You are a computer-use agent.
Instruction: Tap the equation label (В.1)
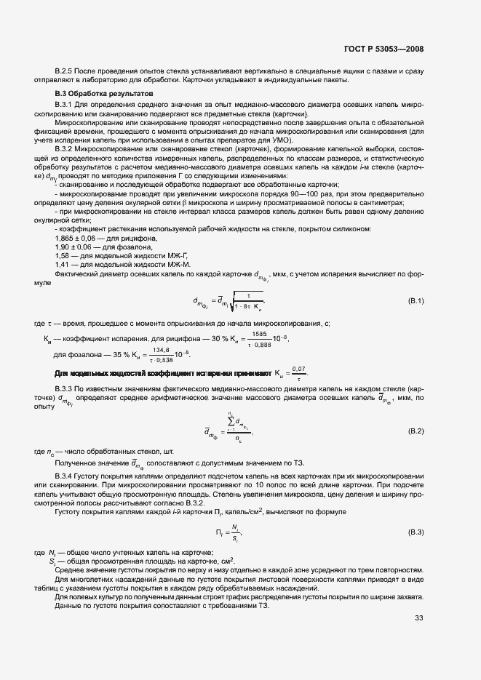(416, 300)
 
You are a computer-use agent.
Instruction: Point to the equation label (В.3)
(416, 533)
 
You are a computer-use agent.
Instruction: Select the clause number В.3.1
(67, 105)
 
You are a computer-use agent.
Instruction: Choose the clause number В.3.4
(67, 476)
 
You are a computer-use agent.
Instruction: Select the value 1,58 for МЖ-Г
(63, 255)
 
